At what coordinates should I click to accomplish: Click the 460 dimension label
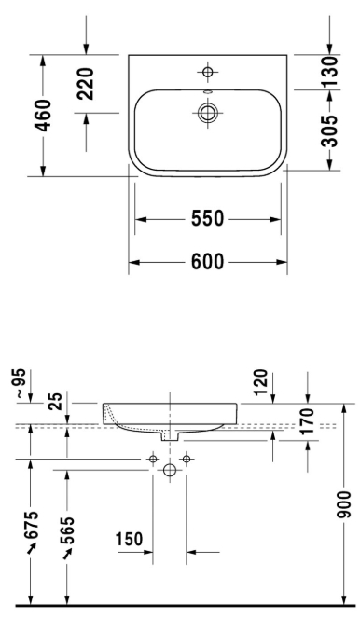pyautogui.click(x=43, y=116)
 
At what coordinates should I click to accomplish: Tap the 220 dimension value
pyautogui.click(x=86, y=84)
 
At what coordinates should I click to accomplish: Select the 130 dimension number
pyautogui.click(x=329, y=72)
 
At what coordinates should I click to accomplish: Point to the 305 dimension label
pyautogui.click(x=329, y=131)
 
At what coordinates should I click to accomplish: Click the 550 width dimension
pyautogui.click(x=208, y=218)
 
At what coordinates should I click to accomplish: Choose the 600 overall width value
pyautogui.click(x=208, y=261)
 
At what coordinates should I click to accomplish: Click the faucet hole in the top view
pyautogui.click(x=207, y=72)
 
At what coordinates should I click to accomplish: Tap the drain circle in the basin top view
pyautogui.click(x=207, y=113)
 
